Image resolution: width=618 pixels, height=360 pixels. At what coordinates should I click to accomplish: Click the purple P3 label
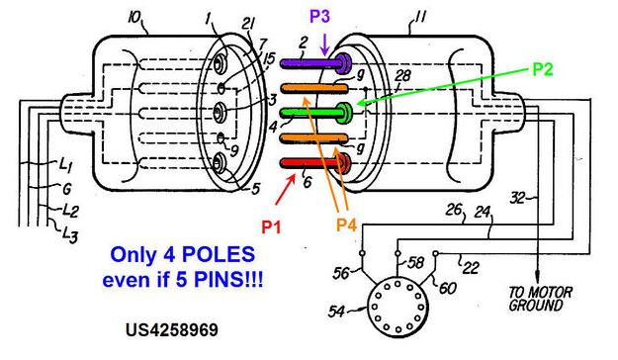(x=319, y=17)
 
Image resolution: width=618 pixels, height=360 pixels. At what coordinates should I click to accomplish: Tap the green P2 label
(x=543, y=69)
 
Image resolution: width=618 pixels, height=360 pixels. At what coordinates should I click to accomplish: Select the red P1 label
(x=272, y=227)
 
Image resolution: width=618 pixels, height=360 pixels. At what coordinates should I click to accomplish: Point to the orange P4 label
(x=346, y=225)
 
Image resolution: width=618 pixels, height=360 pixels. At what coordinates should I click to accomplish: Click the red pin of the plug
(x=315, y=162)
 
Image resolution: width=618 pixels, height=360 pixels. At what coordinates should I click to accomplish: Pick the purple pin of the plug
(x=315, y=62)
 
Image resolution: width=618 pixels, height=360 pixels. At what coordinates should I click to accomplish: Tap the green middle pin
(x=315, y=112)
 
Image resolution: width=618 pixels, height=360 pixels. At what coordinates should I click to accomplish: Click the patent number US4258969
(x=172, y=330)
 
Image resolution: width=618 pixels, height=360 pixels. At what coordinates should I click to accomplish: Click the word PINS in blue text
(x=217, y=280)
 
